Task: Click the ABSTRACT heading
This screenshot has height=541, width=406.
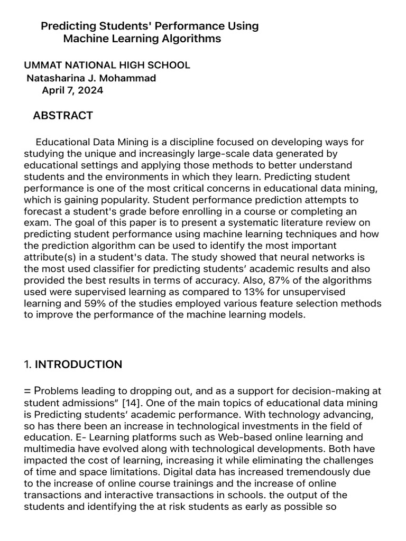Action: pyautogui.click(x=63, y=116)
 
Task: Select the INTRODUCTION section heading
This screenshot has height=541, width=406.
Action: pyautogui.click(x=78, y=365)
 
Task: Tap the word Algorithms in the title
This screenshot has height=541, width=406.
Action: pyautogui.click(x=192, y=39)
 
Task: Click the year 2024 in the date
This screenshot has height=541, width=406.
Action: pyautogui.click(x=91, y=90)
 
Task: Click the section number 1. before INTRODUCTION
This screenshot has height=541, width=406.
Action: pyautogui.click(x=28, y=365)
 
